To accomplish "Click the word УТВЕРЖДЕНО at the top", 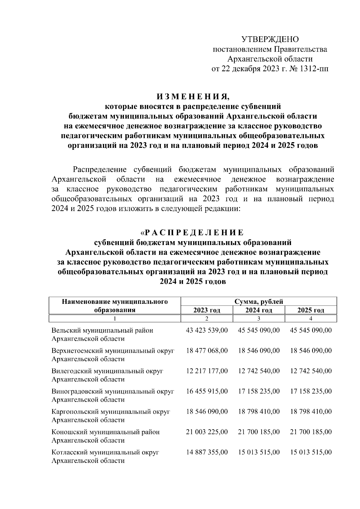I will (x=270, y=39).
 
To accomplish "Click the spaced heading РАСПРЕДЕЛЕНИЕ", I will (x=194, y=232).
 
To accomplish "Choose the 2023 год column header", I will (x=207, y=310).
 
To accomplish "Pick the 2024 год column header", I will (x=259, y=310).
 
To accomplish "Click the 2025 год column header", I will (x=311, y=310).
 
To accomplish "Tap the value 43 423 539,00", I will (x=207, y=331).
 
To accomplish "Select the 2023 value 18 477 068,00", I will (x=207, y=351).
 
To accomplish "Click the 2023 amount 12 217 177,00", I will (x=207, y=371).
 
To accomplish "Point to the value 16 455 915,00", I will (x=207, y=391).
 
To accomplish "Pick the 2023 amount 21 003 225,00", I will (x=207, y=432).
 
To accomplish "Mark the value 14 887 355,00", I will (x=207, y=452).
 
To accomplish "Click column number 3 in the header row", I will (x=259, y=319).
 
